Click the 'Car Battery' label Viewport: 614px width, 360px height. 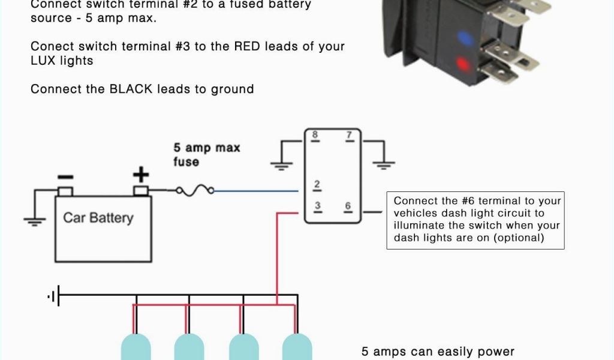[98, 217]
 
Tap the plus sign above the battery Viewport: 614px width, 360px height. [140, 175]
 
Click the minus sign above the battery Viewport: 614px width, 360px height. [65, 176]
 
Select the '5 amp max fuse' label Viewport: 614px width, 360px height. [206, 154]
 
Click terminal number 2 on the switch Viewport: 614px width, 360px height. [317, 184]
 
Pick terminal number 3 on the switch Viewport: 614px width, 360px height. [317, 206]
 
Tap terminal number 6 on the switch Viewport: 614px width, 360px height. [348, 206]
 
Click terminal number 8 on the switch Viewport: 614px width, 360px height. [314, 135]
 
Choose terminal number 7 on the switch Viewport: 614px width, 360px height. [349, 135]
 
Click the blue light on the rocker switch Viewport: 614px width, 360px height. [463, 38]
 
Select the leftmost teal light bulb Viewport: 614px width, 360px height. [136, 348]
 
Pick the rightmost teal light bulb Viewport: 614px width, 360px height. [297, 348]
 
